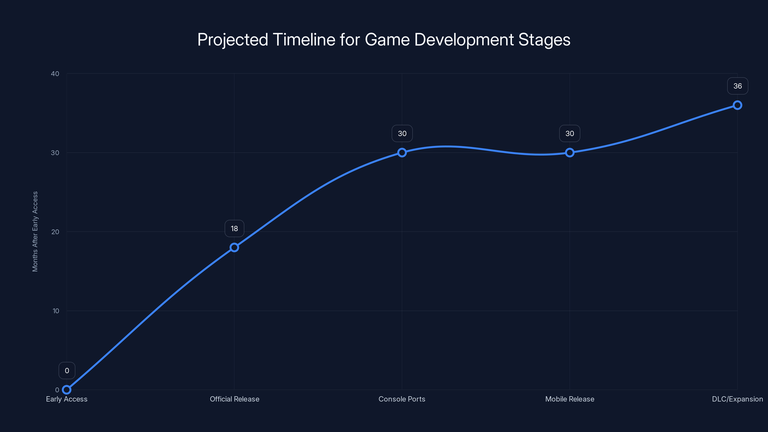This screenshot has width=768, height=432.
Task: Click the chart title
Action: pyautogui.click(x=384, y=40)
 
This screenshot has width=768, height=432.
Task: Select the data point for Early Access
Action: pyautogui.click(x=67, y=390)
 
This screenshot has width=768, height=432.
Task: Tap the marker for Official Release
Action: pyautogui.click(x=234, y=247)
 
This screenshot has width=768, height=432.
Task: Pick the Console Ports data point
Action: pyautogui.click(x=402, y=153)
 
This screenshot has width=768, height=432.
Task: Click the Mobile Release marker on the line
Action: pyautogui.click(x=570, y=153)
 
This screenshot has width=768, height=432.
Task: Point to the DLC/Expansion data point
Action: pyautogui.click(x=737, y=105)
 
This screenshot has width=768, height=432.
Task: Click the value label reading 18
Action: pyautogui.click(x=234, y=229)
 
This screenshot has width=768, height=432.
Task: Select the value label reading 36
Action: pyautogui.click(x=738, y=86)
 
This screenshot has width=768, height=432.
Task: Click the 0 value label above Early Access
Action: pyautogui.click(x=67, y=371)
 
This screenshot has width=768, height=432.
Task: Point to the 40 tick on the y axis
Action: pyautogui.click(x=55, y=74)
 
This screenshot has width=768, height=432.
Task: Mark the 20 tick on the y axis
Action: pyautogui.click(x=55, y=232)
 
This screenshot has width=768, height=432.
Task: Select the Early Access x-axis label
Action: pyautogui.click(x=67, y=399)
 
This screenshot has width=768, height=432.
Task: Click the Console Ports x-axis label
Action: pyautogui.click(x=402, y=399)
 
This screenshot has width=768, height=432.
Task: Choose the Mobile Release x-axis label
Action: pyautogui.click(x=570, y=399)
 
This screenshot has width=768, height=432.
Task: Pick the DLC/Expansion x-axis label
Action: pyautogui.click(x=737, y=399)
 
